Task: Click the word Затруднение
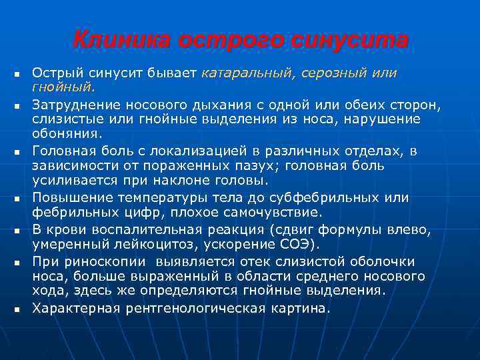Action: point(73,105)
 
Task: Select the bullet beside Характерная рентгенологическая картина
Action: point(15,309)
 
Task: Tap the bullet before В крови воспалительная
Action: point(15,231)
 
